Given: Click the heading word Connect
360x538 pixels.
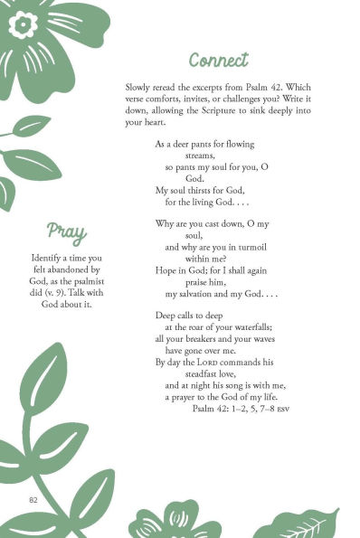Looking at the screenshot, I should pyautogui.click(x=218, y=60).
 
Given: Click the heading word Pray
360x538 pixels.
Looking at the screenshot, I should pyautogui.click(x=66, y=232).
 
